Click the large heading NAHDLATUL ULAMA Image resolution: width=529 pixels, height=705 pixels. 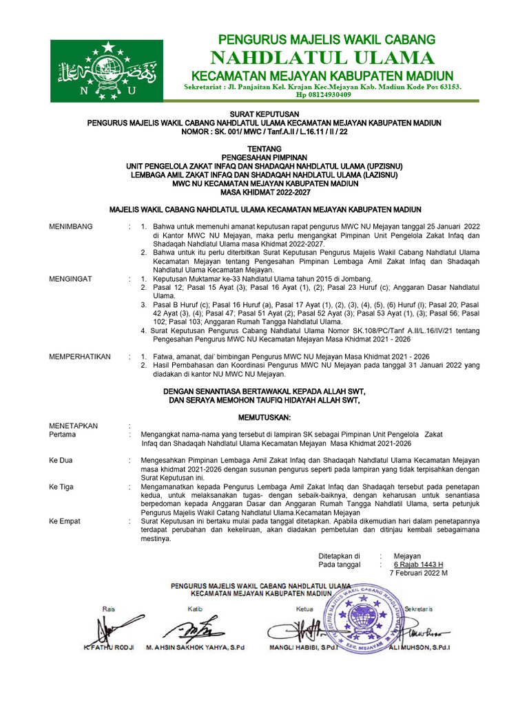tap(323, 57)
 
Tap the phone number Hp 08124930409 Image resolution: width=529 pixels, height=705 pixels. tap(323, 95)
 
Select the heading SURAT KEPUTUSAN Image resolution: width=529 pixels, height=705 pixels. tap(264, 115)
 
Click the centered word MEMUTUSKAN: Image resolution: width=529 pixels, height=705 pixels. tap(264, 418)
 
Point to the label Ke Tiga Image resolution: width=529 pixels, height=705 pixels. tap(61, 486)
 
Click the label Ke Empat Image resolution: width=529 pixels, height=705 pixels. tap(64, 522)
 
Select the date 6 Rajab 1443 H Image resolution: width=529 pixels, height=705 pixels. tap(418, 564)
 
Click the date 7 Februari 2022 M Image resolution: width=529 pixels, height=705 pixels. tap(419, 573)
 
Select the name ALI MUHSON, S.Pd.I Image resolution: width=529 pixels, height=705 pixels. tap(424, 648)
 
